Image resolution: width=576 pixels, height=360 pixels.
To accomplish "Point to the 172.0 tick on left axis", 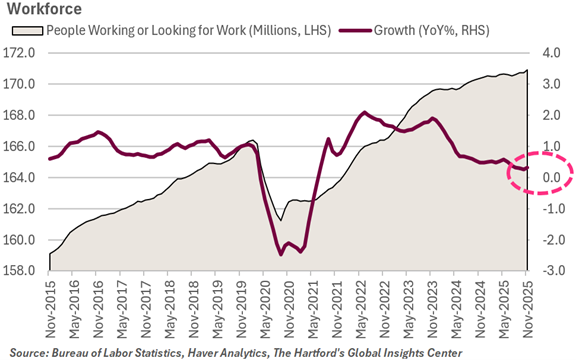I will (27, 52).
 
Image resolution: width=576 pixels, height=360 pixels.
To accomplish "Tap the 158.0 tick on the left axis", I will (27, 271).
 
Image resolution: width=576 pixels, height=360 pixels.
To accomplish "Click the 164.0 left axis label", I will (27, 177).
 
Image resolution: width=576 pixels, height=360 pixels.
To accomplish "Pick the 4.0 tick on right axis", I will (553, 52).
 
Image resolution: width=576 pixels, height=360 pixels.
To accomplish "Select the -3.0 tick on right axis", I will (551, 271).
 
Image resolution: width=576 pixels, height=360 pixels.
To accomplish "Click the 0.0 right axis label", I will (553, 177).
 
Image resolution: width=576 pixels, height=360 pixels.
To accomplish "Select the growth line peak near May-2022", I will (364, 112).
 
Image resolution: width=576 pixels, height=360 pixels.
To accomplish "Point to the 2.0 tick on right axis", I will (553, 115).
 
